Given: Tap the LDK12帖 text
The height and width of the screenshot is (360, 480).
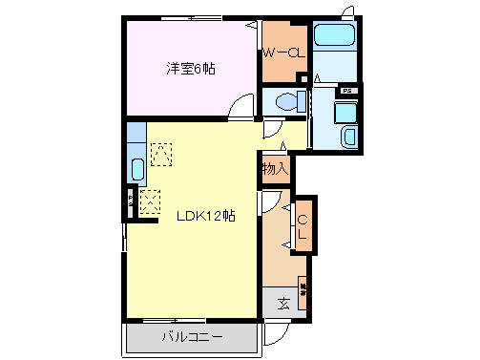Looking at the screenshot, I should tap(205, 216).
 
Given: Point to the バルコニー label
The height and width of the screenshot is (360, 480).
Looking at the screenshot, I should tap(191, 337).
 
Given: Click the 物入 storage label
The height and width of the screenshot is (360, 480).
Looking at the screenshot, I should tap(276, 169).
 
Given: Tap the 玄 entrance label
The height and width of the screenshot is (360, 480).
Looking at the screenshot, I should tap(284, 305).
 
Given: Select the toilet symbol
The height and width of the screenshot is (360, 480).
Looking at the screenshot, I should tap(285, 101).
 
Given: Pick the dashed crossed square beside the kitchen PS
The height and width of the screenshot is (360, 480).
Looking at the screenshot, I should tap(150, 201).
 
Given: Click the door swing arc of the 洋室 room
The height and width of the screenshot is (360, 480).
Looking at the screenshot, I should tap(245, 107).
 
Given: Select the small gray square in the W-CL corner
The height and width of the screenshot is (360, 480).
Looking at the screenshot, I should tap(303, 82).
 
